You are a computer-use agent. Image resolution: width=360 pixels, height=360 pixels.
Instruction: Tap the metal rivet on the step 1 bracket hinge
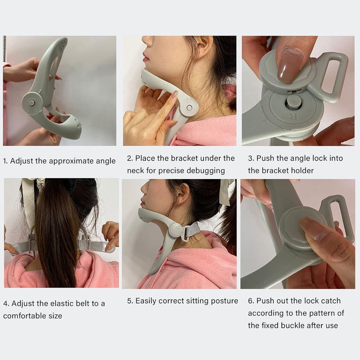(31, 103)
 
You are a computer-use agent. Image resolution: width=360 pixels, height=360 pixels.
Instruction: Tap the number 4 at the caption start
(5, 303)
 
